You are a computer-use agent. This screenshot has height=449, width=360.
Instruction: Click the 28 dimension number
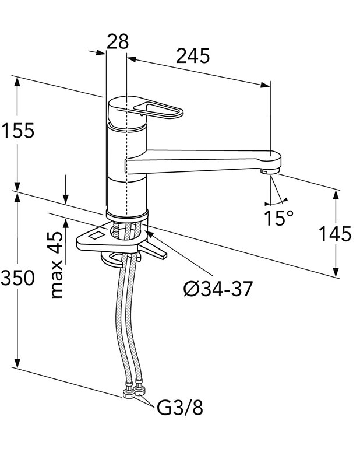(x=117, y=42)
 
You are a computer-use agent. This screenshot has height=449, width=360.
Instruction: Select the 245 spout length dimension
(x=193, y=57)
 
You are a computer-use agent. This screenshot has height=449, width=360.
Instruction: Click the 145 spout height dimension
(x=335, y=234)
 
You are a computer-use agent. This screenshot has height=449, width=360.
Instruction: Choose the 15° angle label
(x=278, y=218)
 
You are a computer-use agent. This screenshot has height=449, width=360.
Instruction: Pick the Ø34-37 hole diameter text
(x=218, y=289)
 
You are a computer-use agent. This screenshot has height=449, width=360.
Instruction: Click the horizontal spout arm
(x=198, y=161)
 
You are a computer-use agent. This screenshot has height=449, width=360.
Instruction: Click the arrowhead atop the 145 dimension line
(x=337, y=195)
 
